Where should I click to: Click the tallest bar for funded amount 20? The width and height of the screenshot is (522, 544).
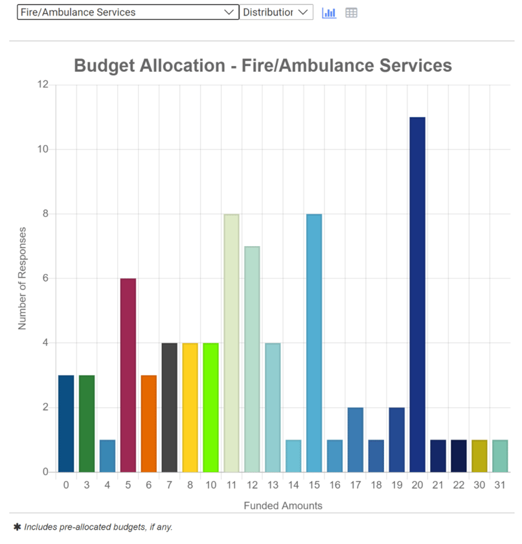pos(418,295)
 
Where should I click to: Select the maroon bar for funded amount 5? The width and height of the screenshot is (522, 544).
pos(128,375)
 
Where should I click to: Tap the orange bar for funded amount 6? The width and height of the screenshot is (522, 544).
pos(149,424)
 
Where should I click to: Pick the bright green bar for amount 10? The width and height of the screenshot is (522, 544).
pos(210,407)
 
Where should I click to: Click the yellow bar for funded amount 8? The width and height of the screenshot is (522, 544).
pos(190,407)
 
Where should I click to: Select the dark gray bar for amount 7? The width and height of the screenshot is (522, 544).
pos(169,407)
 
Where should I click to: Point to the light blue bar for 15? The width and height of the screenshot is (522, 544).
pos(314,343)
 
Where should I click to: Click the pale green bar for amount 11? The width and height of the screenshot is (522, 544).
pos(231,343)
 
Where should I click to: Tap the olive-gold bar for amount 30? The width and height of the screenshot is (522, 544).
pos(479,456)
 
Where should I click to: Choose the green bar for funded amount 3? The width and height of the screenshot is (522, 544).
pos(87,424)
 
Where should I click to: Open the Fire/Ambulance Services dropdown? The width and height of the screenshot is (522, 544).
pos(128,12)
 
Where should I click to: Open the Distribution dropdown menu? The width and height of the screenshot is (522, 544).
pos(276,12)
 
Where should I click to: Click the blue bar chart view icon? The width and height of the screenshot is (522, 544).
pos(329,12)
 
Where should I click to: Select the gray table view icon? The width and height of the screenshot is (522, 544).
pos(351,12)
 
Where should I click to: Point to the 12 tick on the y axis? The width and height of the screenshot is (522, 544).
pos(43,85)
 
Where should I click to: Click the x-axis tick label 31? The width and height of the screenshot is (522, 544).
pos(500,484)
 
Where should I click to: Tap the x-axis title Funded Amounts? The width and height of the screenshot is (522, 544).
pos(283,505)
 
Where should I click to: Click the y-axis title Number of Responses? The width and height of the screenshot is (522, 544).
pos(23,278)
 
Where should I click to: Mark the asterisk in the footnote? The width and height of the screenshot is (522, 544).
pos(17,527)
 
